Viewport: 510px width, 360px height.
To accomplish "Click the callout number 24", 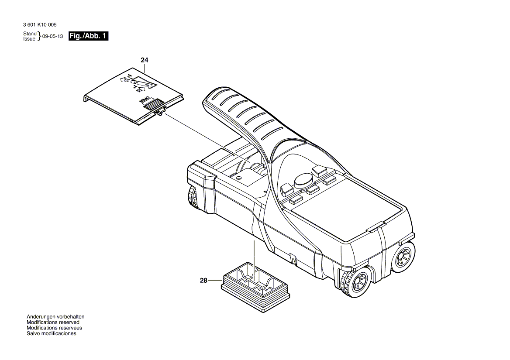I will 145,60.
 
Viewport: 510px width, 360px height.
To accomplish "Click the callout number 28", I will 203,281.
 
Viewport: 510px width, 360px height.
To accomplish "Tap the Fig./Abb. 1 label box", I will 88,36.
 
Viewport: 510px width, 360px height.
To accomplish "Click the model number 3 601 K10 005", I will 39,25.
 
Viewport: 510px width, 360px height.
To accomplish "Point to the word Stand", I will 30,34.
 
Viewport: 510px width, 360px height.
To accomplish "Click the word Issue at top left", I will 29,39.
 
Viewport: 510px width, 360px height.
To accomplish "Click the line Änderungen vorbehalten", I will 55,317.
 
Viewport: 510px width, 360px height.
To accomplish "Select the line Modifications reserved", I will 53,322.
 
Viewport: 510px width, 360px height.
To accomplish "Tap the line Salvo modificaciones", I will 51,333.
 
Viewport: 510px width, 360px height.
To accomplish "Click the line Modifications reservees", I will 54,328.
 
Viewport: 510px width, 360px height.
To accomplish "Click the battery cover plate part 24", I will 131,96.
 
